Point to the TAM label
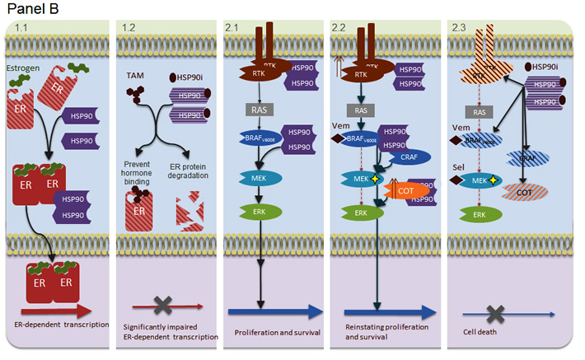tap(135, 75)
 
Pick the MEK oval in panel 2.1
tap(259, 177)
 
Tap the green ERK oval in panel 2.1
tap(259, 212)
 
